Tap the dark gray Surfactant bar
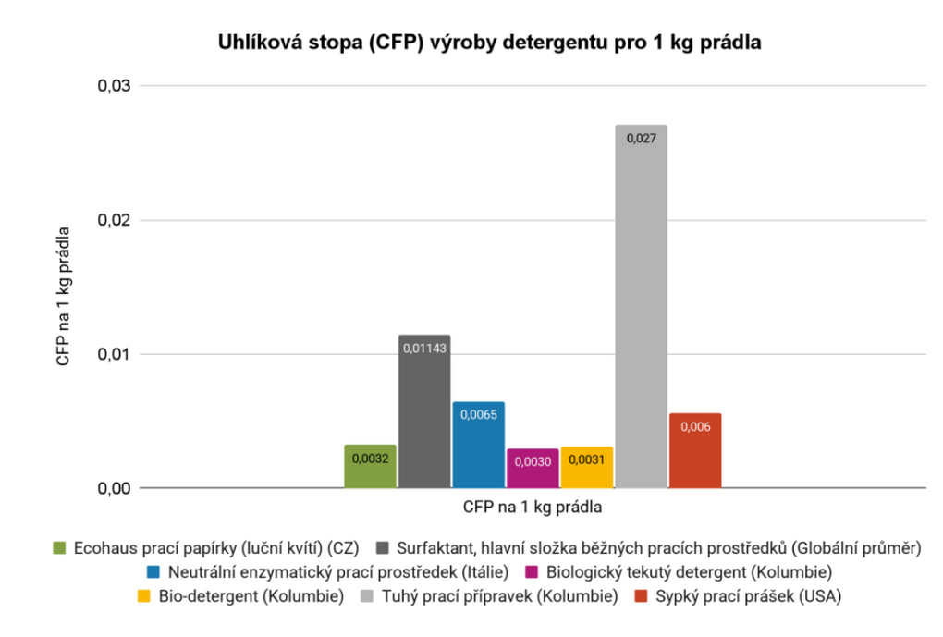[424, 411]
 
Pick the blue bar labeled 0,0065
[478, 445]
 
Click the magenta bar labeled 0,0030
[533, 469]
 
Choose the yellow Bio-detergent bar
[587, 468]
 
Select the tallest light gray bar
[641, 305]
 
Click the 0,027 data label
[641, 139]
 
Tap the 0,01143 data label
[424, 349]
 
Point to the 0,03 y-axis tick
[115, 86]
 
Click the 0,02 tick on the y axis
[115, 220]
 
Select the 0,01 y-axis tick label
[115, 354]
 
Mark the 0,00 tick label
[115, 488]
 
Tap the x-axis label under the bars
[533, 507]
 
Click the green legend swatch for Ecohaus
[60, 548]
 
